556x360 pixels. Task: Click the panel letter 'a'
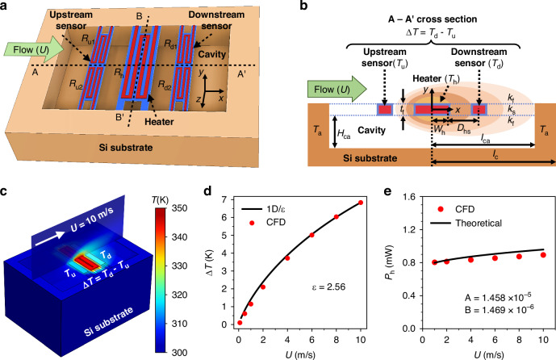pos(6,6)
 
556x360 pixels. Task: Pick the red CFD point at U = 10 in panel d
pos(360,203)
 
